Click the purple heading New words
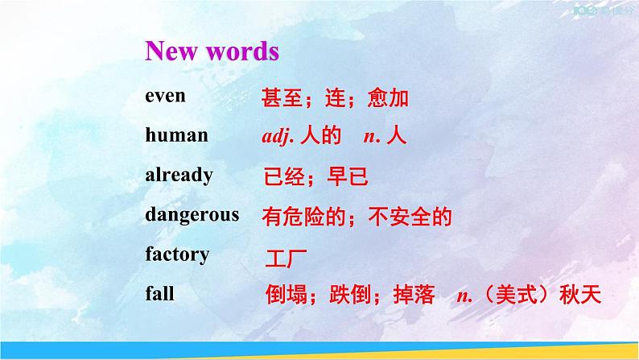coord(212,52)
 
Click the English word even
coord(165,96)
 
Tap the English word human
coord(176,135)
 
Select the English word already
coord(179,175)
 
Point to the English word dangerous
coord(192,214)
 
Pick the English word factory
coord(177,254)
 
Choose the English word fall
coord(159,294)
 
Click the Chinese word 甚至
coord(281,98)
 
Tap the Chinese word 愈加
coord(388,98)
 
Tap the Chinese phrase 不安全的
coord(410,216)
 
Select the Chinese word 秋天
coord(581,296)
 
